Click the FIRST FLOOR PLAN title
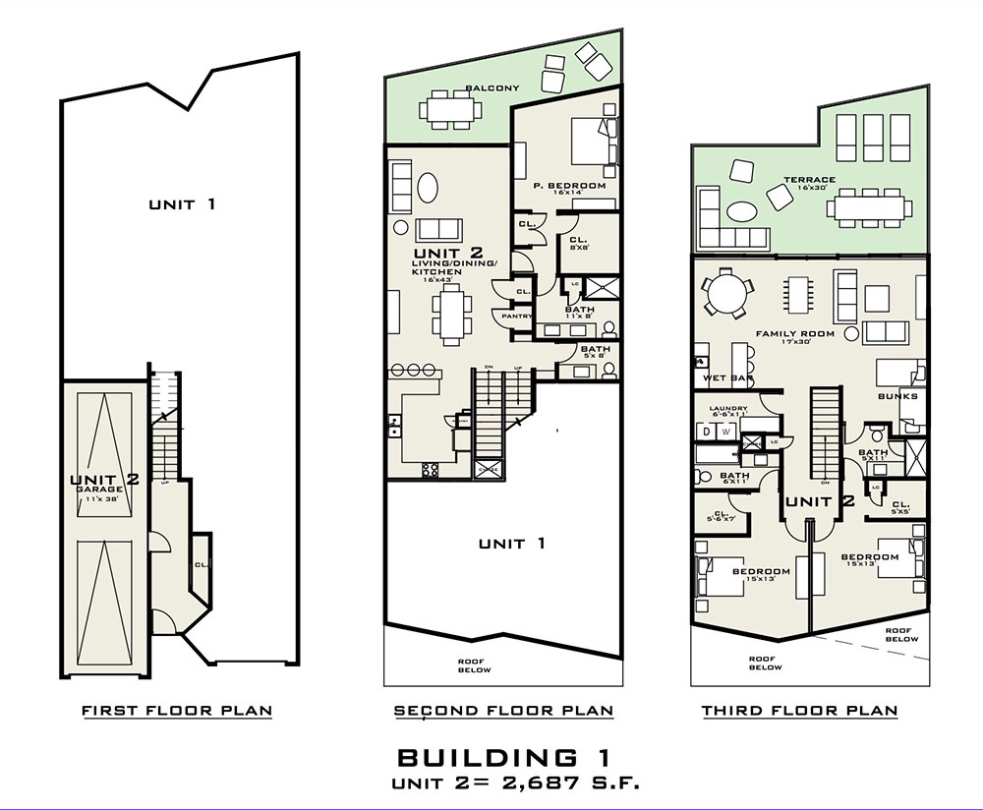(x=177, y=710)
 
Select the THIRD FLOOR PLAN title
(x=799, y=710)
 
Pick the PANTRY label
(x=517, y=316)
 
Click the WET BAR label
(x=722, y=377)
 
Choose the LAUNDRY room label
(x=729, y=409)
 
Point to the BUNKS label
(x=897, y=396)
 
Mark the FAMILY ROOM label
(x=794, y=333)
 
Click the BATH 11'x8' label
(x=579, y=310)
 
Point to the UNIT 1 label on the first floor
(x=182, y=204)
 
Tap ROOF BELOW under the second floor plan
(x=475, y=665)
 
